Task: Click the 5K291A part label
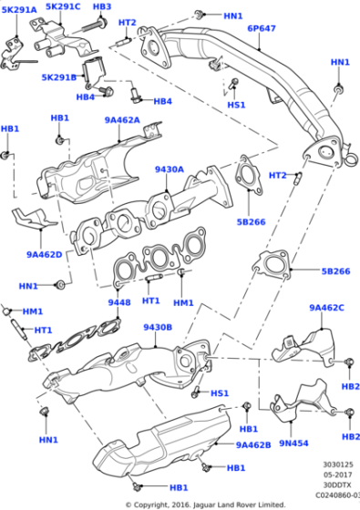[18, 10]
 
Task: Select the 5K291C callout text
[63, 6]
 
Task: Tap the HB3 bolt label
[101, 6]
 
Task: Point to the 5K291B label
[59, 77]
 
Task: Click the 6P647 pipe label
[262, 28]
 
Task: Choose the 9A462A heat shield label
[121, 119]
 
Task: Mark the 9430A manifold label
[169, 168]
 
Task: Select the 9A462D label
[44, 254]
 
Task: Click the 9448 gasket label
[119, 302]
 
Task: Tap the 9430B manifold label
[157, 326]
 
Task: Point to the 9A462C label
[327, 308]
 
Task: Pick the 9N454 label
[294, 444]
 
